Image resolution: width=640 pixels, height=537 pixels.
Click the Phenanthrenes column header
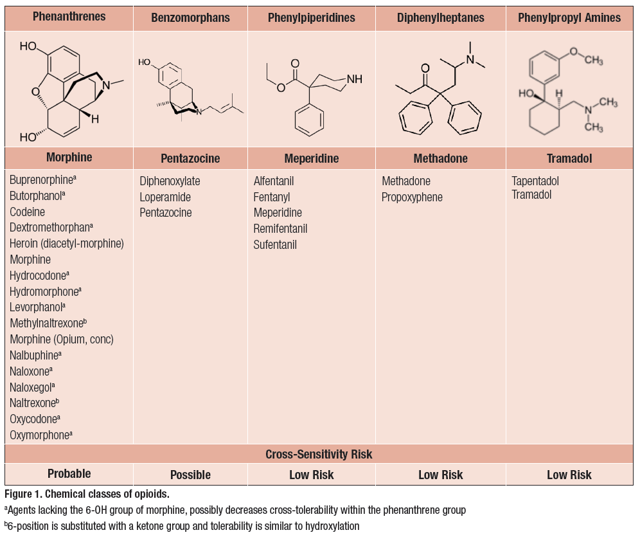[69, 17]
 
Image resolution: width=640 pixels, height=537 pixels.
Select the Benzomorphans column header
[190, 18]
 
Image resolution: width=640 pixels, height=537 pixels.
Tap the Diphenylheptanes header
[441, 18]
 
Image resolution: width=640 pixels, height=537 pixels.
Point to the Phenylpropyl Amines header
[569, 18]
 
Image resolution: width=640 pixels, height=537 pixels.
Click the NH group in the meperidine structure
[353, 79]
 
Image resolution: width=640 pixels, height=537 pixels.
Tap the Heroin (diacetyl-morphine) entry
[67, 244]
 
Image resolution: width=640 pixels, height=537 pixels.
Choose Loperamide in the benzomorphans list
[165, 197]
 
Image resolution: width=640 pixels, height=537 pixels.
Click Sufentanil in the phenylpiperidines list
[275, 245]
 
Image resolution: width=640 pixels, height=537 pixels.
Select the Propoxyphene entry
[412, 197]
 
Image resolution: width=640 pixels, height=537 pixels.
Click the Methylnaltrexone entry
[48, 323]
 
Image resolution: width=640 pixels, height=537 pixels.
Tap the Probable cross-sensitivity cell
[69, 474]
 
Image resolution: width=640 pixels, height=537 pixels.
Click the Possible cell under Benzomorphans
[190, 475]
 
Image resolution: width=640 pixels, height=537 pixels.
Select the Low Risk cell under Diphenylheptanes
[441, 475]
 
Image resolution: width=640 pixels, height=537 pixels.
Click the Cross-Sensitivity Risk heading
[319, 454]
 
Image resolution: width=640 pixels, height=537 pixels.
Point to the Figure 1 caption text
[86, 495]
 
